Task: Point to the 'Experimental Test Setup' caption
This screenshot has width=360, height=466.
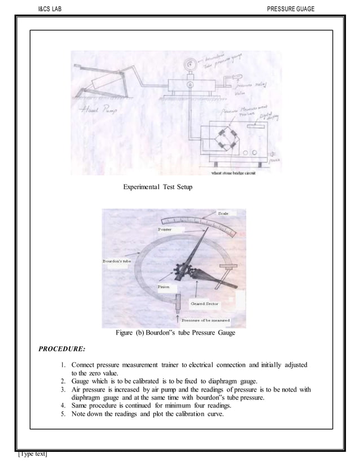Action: pyautogui.click(x=157, y=187)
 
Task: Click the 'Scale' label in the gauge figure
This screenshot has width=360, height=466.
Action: pyautogui.click(x=223, y=212)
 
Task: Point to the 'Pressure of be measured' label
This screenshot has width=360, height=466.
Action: pyautogui.click(x=205, y=320)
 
